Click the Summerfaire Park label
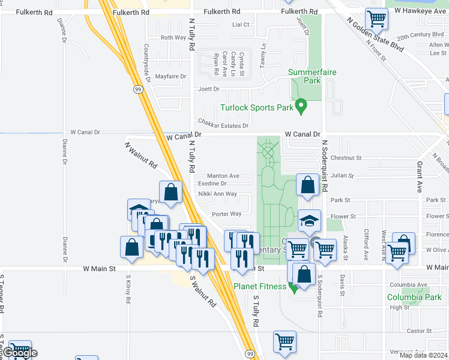tap(312, 76)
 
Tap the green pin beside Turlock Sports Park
tap(302, 107)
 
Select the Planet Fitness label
tap(260, 286)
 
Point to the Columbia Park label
tap(414, 297)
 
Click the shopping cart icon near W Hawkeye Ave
tap(376, 19)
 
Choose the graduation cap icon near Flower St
tap(309, 221)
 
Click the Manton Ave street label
tap(223, 176)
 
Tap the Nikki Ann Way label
tap(217, 194)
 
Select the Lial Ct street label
tap(240, 25)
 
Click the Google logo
tap(20, 353)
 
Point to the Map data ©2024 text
tap(424, 355)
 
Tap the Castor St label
tap(419, 331)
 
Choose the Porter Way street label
tap(227, 214)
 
